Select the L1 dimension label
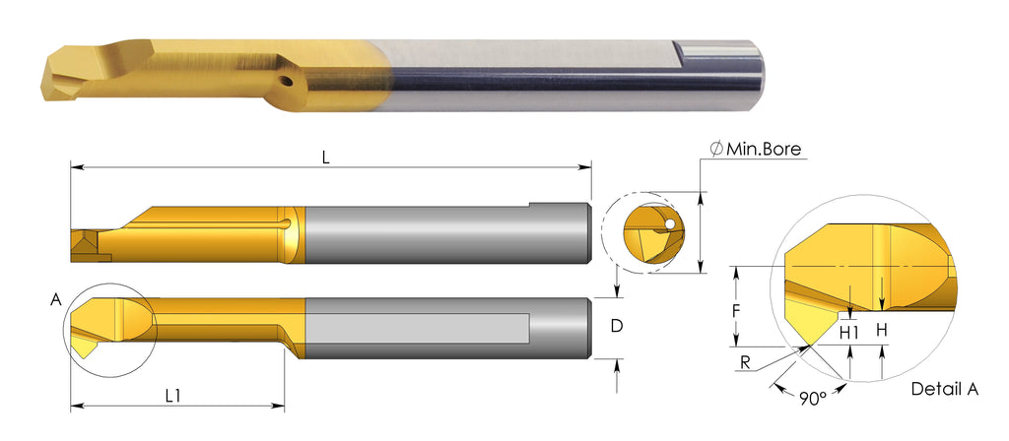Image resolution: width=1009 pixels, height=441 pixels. pos(174,395)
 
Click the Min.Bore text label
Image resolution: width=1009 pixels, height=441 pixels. pos(764,149)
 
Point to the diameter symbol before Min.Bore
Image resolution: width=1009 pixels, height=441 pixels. pos(716,149)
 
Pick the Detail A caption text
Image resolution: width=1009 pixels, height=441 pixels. pos(944,389)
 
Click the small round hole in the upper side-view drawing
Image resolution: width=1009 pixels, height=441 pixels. pos(286,225)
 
